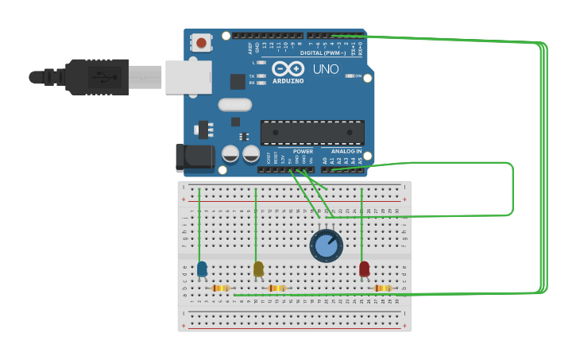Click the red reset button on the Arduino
point(202,42)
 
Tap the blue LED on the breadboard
point(202,269)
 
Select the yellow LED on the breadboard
point(258,269)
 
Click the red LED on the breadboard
point(364,269)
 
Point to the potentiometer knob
point(326,246)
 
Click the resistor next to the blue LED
point(221,288)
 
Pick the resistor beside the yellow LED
point(276,288)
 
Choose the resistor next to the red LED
point(382,288)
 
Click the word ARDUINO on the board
point(288,81)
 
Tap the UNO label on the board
point(326,69)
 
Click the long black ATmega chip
point(312,132)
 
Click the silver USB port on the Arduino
point(188,77)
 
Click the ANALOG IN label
point(346,151)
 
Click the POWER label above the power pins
point(303,151)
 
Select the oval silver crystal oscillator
point(235,104)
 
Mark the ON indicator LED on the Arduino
point(350,75)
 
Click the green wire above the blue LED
point(199,226)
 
